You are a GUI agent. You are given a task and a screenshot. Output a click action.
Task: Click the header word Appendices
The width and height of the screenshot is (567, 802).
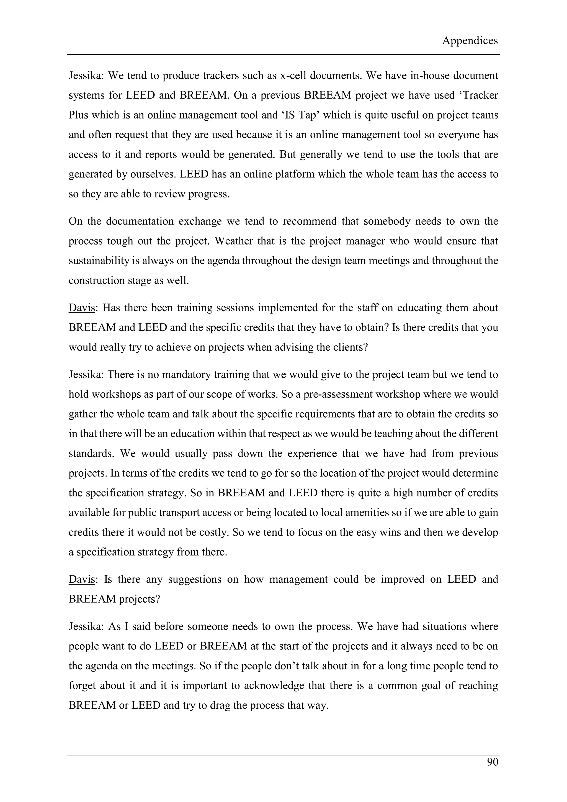coord(470,41)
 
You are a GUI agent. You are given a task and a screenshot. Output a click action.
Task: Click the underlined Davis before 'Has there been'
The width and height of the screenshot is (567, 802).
coord(82,308)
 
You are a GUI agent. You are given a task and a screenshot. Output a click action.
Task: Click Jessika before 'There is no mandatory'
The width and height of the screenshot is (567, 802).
coord(86,374)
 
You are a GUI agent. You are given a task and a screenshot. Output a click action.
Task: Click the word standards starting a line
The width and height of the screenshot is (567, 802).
coord(92,453)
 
